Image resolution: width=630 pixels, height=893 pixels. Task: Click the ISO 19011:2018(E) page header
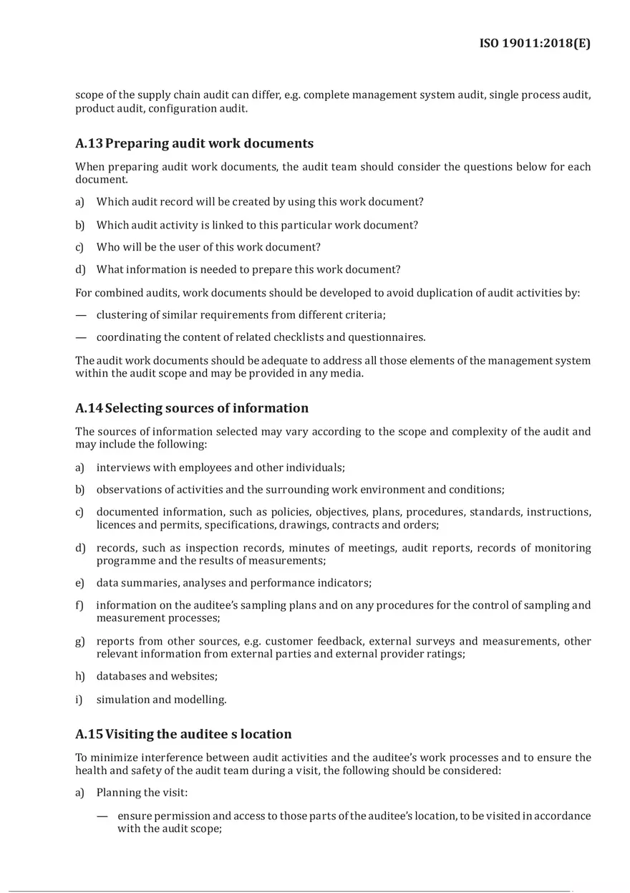point(535,44)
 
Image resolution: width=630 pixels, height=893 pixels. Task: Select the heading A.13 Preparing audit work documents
point(194,143)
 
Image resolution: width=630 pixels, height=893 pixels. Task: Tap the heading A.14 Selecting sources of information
point(192,408)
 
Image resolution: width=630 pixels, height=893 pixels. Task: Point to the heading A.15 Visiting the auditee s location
point(183,734)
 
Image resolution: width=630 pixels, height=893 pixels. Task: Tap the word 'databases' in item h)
point(122,676)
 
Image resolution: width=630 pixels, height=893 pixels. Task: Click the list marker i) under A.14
point(79,700)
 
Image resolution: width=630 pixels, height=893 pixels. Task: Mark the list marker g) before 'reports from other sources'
point(80,642)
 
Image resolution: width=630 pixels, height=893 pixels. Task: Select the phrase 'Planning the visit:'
point(142,793)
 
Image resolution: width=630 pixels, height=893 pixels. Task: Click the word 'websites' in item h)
point(194,676)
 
